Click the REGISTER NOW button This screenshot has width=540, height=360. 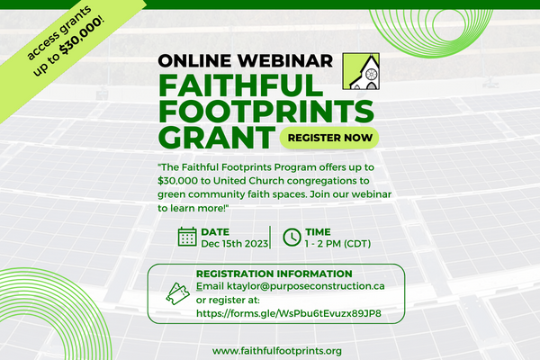pyautogui.click(x=329, y=138)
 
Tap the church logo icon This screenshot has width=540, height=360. pyautogui.click(x=361, y=71)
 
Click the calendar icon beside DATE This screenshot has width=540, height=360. pyautogui.click(x=187, y=237)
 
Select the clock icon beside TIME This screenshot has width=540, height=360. pyautogui.click(x=292, y=237)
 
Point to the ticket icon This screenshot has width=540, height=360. pyautogui.click(x=177, y=293)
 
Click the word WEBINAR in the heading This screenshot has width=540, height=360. pyautogui.click(x=285, y=60)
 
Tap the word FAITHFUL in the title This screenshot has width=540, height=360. pyautogui.click(x=240, y=85)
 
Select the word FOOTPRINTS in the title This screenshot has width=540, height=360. pyautogui.click(x=266, y=111)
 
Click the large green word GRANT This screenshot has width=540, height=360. pyautogui.click(x=217, y=138)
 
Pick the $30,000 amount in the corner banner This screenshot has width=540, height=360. pyautogui.click(x=81, y=37)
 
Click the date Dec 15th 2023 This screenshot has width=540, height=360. pyautogui.click(x=235, y=244)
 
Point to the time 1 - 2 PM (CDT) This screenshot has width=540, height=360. pyautogui.click(x=337, y=244)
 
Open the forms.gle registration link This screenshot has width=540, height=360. pyautogui.click(x=289, y=313)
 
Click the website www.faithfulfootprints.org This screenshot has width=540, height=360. pyautogui.click(x=277, y=351)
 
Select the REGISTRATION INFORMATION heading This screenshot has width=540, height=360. pyautogui.click(x=274, y=274)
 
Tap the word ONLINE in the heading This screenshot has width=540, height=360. pyautogui.click(x=195, y=60)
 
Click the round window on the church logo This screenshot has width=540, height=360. pyautogui.click(x=372, y=74)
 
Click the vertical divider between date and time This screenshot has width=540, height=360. pyautogui.click(x=270, y=237)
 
